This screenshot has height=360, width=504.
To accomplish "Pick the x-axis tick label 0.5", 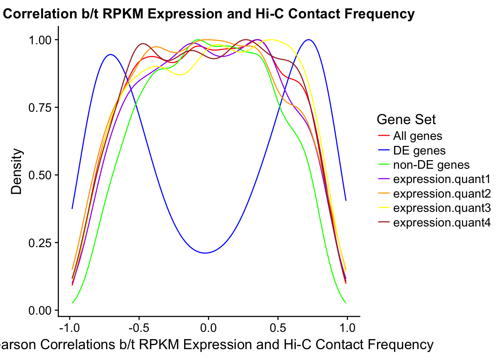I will tap(278, 328).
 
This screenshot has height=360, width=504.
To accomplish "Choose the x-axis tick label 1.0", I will tap(347, 328).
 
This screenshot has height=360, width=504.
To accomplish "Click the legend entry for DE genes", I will tap(419, 151).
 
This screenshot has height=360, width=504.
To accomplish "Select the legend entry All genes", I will tap(417, 136).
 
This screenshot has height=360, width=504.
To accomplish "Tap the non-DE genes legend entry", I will tap(431, 165).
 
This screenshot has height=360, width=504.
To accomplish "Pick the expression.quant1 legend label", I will tap(442, 179).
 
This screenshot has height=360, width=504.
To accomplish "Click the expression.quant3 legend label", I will tap(442, 208).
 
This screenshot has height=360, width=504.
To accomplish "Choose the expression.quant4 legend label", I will tap(442, 223).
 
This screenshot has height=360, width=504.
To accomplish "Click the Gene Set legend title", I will tap(406, 120).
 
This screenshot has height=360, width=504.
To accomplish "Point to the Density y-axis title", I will tap(17, 171).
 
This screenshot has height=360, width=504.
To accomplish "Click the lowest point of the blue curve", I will tap(205, 253).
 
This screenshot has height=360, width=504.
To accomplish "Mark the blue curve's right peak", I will tap(309, 39).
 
